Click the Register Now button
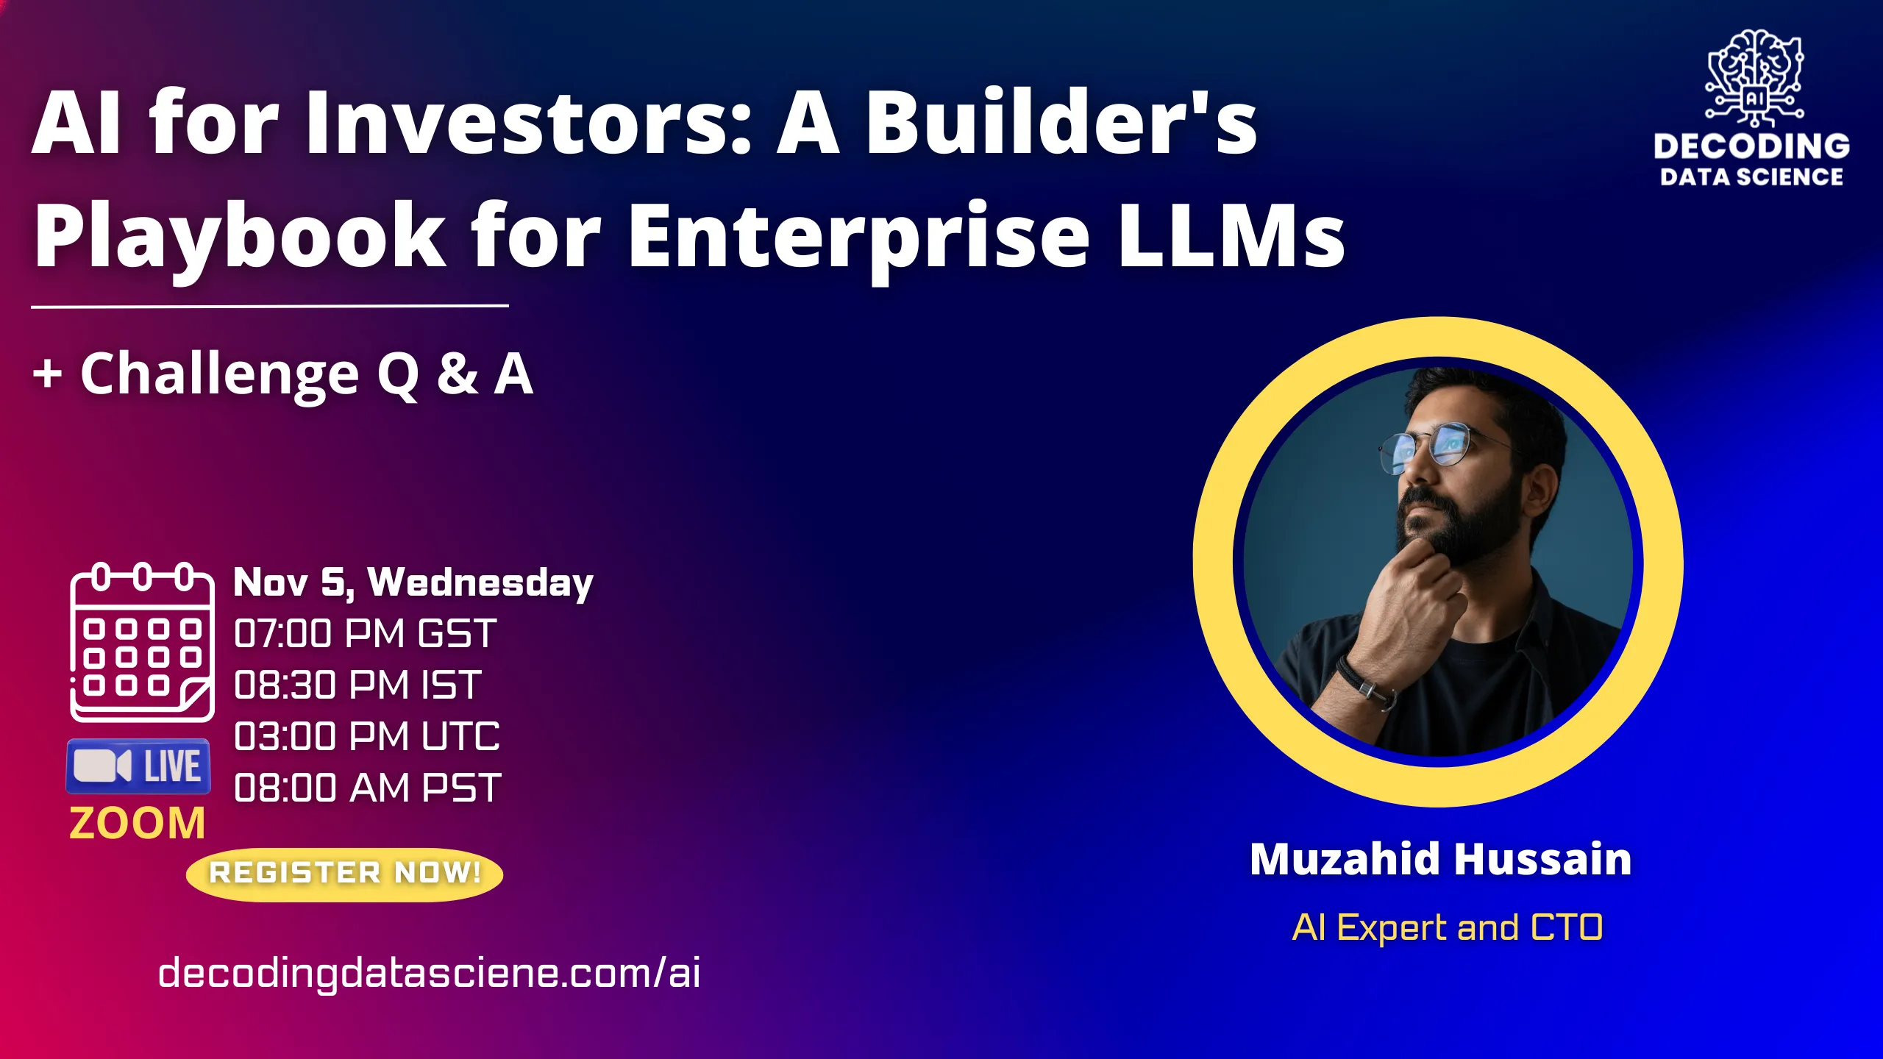pos(344,874)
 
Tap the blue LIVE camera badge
pos(138,766)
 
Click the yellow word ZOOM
pos(137,823)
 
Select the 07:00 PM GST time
pos(365,634)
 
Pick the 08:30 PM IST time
pos(357,685)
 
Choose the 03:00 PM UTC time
pos(366,737)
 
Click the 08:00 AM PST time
pos(367,788)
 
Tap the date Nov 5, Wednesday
pos(413,582)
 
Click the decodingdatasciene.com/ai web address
pos(429,973)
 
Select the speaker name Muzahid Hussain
pos(1440,860)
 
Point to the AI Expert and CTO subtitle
pos(1447,927)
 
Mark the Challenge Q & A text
pos(283,374)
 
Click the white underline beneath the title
pos(269,305)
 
